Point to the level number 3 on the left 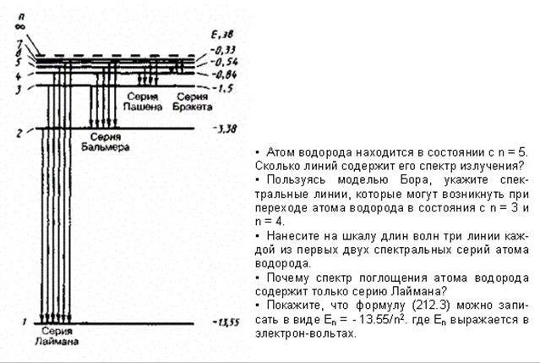30,88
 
